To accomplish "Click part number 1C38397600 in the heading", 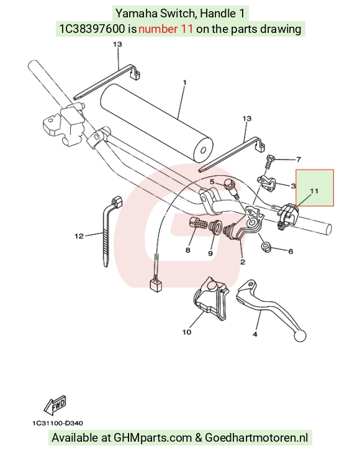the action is click(x=92, y=29).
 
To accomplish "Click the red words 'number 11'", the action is click(x=166, y=29).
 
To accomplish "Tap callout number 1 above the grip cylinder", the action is click(x=185, y=83).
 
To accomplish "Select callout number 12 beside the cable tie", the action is click(x=79, y=236).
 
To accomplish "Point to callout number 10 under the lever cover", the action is click(x=187, y=332).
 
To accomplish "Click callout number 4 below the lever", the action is click(x=255, y=334).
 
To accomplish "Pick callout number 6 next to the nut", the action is click(x=290, y=252).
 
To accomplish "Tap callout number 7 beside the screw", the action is click(x=299, y=160).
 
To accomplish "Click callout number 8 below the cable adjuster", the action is click(x=188, y=250).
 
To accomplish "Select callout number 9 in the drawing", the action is click(x=210, y=253).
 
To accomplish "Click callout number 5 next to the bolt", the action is click(x=212, y=182).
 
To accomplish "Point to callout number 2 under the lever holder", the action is click(x=243, y=262).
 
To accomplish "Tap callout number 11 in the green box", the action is click(x=314, y=191).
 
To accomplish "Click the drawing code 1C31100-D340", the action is click(x=58, y=423).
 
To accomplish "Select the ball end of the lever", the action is click(x=300, y=335).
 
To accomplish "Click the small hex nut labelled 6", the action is click(x=266, y=247).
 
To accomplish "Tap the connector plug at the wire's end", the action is click(x=156, y=285).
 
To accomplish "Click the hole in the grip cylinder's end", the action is click(x=204, y=151).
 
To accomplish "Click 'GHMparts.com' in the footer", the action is click(x=153, y=438).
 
